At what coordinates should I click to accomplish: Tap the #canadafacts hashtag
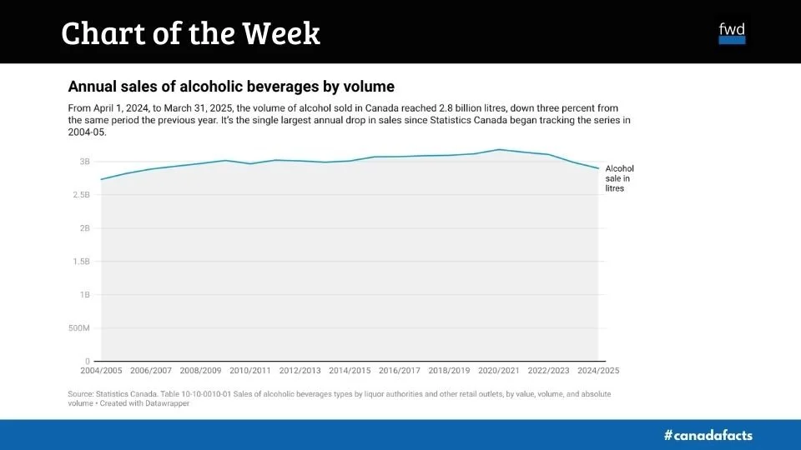[708, 435]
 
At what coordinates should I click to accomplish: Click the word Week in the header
[281, 33]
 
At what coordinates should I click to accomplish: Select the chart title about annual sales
[231, 86]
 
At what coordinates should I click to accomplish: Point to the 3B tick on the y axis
[85, 162]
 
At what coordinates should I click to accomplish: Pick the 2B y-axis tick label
[85, 228]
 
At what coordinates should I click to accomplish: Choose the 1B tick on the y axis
[85, 295]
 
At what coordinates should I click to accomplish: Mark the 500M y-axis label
[80, 328]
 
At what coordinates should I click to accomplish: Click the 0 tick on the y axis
[88, 362]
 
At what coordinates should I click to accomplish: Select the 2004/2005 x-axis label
[101, 371]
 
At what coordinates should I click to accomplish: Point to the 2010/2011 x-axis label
[250, 371]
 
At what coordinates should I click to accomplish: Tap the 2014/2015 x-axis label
[350, 371]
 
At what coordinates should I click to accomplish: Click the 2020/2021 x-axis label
[499, 371]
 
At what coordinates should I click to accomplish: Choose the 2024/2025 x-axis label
[598, 371]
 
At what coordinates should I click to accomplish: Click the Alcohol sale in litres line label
[619, 178]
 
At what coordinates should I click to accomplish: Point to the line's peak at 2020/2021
[499, 150]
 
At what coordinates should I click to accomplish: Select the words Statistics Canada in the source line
[123, 394]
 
